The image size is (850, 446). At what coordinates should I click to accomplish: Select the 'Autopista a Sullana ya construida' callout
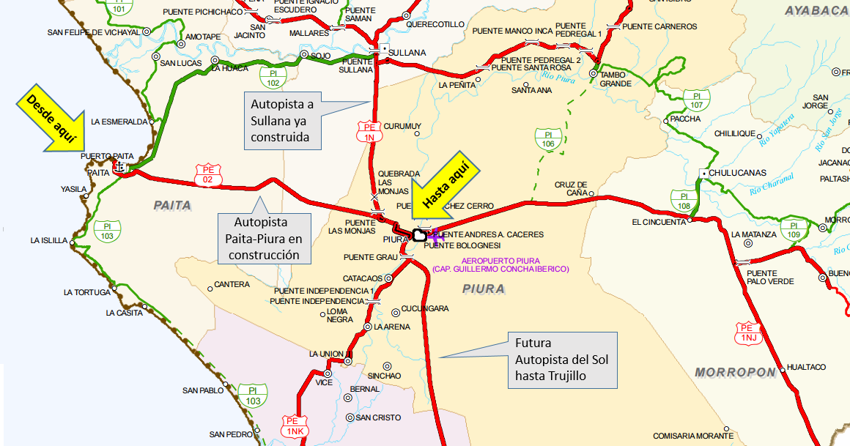[283, 120]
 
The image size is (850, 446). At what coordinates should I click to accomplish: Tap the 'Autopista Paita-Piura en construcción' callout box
[264, 238]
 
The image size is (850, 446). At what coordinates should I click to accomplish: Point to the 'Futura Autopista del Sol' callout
[561, 360]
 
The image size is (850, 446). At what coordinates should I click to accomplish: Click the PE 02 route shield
[207, 175]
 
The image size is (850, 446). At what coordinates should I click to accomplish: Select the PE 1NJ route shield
[748, 334]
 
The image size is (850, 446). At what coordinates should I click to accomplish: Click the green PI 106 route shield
[548, 139]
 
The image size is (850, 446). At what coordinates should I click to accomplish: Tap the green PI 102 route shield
[273, 78]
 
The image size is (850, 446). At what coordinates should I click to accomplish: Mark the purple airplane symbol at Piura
[437, 235]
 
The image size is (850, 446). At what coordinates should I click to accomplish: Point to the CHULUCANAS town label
[733, 173]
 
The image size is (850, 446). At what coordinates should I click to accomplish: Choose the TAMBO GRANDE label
[616, 79]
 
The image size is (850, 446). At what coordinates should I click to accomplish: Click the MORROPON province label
[735, 373]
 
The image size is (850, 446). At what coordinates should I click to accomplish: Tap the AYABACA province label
[816, 10]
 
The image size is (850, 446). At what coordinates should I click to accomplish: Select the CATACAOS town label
[363, 278]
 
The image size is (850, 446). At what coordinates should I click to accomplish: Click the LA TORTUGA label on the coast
[86, 292]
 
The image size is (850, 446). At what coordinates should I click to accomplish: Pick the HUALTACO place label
[806, 367]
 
